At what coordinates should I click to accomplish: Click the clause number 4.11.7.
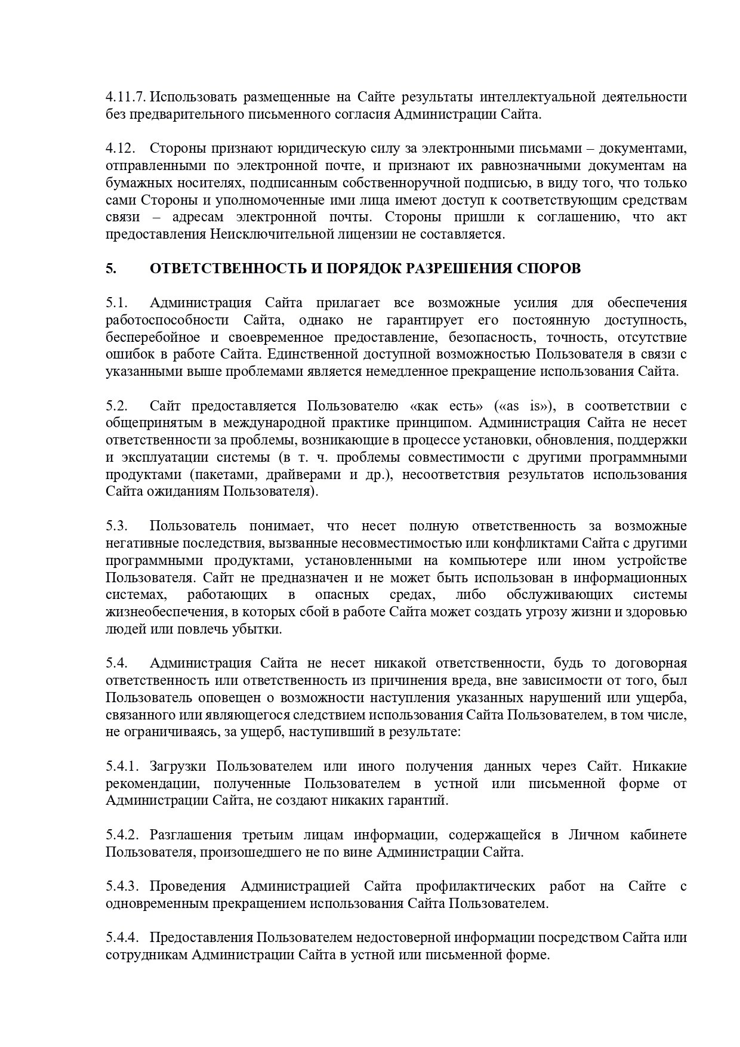coord(125,97)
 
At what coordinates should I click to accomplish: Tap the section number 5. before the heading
coord(110,268)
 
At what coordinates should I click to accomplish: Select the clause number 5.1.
coord(117,303)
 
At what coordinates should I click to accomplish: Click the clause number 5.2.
coord(117,406)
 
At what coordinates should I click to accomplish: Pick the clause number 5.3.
coord(117,526)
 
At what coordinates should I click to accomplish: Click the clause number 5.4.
coord(117,663)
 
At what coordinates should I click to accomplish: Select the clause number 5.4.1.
coord(124,767)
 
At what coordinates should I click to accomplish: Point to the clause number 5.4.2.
coord(124,835)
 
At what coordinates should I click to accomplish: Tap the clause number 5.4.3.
coord(124,887)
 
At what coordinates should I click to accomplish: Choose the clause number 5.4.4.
coord(124,938)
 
